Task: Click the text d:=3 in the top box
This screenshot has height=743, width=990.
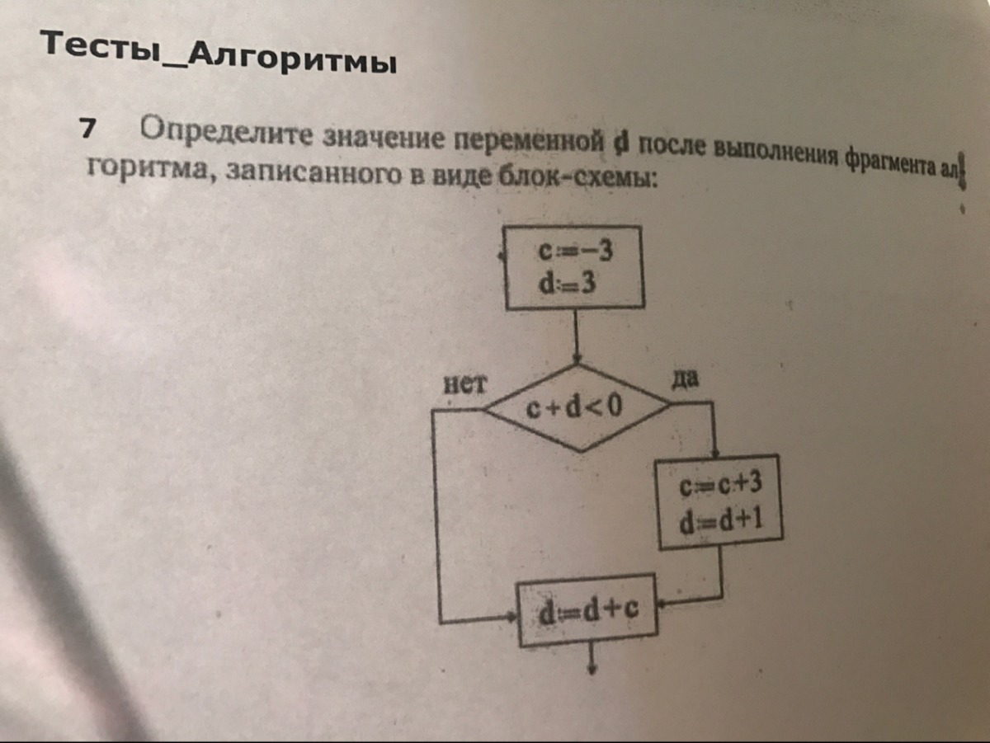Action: tap(568, 284)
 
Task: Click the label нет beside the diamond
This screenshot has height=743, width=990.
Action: tap(466, 383)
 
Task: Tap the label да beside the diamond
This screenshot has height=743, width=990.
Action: tap(686, 379)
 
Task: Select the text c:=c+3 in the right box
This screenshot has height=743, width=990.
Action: tap(719, 487)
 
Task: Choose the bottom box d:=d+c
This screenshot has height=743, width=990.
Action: tap(587, 611)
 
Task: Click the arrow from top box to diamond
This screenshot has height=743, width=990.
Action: tap(576, 338)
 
